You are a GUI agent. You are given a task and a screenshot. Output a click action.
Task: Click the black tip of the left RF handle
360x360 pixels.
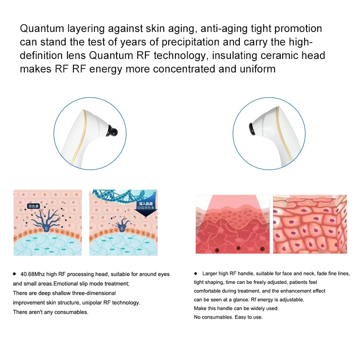(x=113, y=132)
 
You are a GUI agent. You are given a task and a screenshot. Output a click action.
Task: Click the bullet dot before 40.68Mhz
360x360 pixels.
(x=15, y=274)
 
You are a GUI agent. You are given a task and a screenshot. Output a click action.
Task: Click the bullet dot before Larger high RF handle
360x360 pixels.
(x=196, y=274)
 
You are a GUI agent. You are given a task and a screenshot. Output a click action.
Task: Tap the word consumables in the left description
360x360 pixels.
(x=69, y=312)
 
